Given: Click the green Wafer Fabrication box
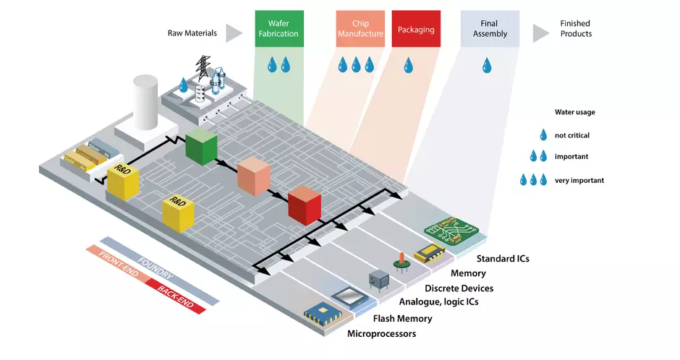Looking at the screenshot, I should click(279, 29).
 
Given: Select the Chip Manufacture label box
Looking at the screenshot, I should click(360, 29).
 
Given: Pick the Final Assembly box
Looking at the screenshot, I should click(490, 29).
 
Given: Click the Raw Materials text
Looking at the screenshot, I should click(191, 32).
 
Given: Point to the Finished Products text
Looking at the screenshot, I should click(576, 29).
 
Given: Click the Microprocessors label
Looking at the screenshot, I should click(381, 333).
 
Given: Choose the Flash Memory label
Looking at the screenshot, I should click(402, 318).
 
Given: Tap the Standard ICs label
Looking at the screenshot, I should click(503, 258).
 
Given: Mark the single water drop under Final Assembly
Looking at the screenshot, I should click(487, 66).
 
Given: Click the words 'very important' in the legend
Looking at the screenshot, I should click(579, 180).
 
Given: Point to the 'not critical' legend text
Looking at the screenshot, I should click(572, 135).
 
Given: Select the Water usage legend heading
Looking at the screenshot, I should click(575, 112).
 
